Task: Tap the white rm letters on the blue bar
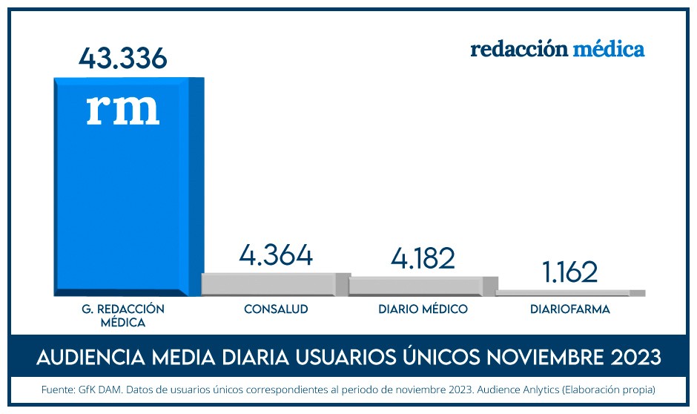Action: [123, 108]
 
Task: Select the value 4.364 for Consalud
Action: [276, 255]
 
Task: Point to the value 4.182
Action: [423, 258]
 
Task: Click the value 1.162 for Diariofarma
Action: [569, 272]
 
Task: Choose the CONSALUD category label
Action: [276, 309]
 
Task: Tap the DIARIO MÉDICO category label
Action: [423, 309]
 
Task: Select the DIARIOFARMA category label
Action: [570, 309]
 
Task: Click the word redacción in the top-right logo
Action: [519, 50]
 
